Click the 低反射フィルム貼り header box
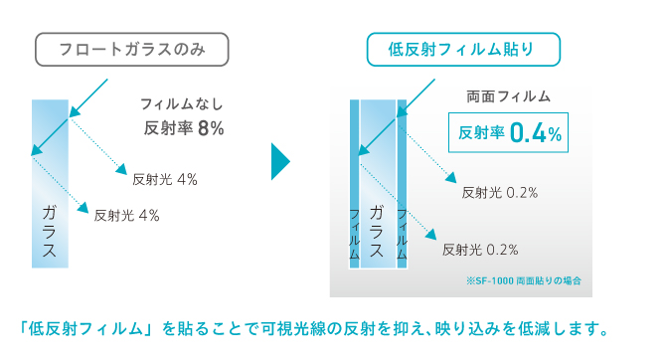464,48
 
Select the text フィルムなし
183,103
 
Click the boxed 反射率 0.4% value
510,132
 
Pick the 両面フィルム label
508,96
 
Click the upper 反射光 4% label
164,180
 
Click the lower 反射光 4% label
126,215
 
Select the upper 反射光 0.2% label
500,193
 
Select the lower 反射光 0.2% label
480,249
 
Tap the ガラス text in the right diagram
376,231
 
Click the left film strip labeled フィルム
354,235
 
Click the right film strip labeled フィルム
402,235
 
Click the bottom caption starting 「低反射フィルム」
312,328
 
